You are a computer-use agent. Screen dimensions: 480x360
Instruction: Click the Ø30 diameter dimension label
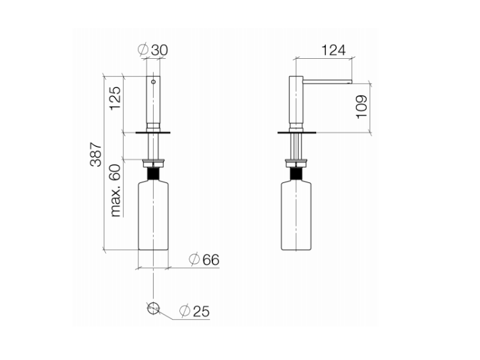153,49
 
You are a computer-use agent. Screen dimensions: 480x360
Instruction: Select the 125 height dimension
115,98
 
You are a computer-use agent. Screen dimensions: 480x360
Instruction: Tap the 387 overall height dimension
96,155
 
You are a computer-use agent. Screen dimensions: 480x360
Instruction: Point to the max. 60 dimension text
116,191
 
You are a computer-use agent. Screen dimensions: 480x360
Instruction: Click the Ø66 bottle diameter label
204,260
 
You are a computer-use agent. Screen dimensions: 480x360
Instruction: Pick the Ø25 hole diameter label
195,311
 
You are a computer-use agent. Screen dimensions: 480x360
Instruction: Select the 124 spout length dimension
333,50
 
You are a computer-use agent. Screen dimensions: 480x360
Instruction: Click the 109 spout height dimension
362,107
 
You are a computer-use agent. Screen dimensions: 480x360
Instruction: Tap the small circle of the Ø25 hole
154,308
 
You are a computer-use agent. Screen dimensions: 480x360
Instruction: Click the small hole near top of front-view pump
154,82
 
